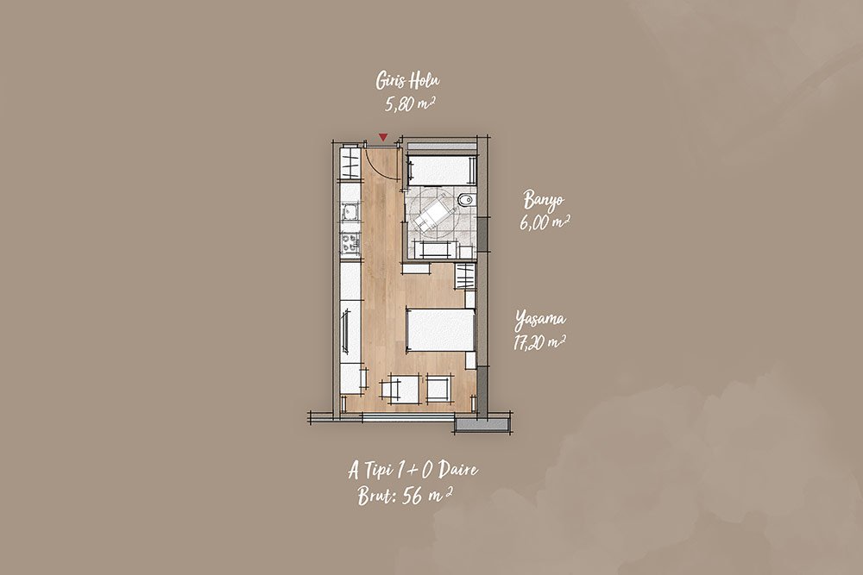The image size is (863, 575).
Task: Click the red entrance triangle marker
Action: coord(383,137)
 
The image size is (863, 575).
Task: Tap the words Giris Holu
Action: coord(408,81)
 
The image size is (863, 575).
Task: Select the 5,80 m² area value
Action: coord(410,103)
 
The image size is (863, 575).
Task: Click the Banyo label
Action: coord(544,200)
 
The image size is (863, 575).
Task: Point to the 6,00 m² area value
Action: coord(544,222)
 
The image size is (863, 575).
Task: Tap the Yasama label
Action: coord(540,319)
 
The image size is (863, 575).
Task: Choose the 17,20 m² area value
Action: coord(539,342)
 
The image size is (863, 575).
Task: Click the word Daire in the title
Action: coord(458,470)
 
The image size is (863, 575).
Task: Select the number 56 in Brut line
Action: coord(413,497)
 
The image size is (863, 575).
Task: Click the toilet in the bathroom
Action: coord(466,200)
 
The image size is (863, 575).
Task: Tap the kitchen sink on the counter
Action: coord(350,211)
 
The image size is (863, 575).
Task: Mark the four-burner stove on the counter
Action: coord(350,243)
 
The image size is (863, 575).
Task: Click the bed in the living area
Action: coord(440,330)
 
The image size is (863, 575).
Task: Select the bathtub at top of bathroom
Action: coord(441,169)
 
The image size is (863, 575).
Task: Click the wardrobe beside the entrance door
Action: coord(351,161)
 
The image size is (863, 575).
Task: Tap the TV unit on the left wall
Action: coord(346,332)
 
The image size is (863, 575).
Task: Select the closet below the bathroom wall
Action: coord(466,276)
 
